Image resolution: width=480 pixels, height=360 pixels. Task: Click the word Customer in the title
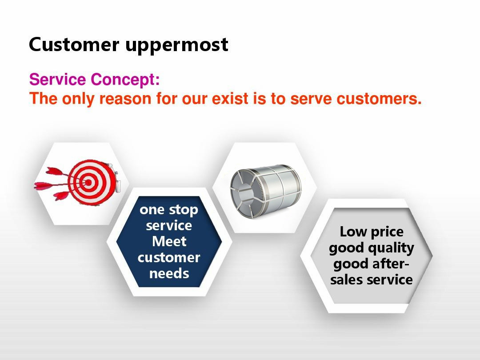click(74, 44)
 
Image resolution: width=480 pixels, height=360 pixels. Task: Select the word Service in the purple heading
click(57, 79)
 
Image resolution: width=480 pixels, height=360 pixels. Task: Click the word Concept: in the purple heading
click(125, 80)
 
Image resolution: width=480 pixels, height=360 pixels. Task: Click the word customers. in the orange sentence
click(379, 99)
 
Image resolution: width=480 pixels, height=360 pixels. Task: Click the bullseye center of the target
click(88, 183)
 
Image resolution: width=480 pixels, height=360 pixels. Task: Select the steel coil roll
click(266, 191)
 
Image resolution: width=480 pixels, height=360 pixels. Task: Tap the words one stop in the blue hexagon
click(169, 210)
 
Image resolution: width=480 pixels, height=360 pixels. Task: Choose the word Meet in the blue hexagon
click(169, 241)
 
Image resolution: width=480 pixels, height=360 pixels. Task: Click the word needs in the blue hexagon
click(169, 273)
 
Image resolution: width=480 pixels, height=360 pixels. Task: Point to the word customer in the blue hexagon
click(169, 257)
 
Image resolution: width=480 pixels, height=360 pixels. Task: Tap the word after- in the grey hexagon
click(391, 264)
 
